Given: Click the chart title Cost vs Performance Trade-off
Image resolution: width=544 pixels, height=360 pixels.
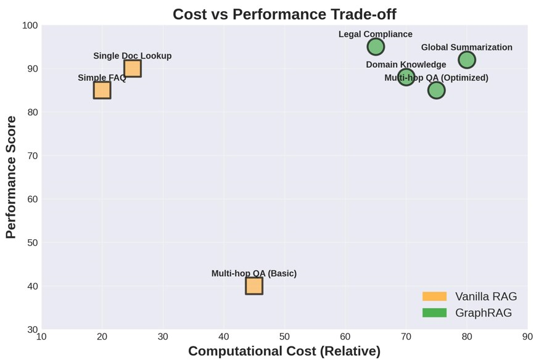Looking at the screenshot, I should pyautogui.click(x=284, y=14).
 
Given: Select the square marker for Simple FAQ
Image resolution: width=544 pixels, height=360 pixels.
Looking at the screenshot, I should pyautogui.click(x=102, y=90).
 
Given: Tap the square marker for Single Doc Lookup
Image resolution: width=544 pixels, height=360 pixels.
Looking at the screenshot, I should pyautogui.click(x=133, y=68).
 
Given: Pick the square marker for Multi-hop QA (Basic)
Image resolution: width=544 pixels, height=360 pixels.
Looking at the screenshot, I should pyautogui.click(x=254, y=286).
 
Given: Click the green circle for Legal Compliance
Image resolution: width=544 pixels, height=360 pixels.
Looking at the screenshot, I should pyautogui.click(x=376, y=47).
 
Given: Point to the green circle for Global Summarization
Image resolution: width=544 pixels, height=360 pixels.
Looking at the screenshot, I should pyautogui.click(x=467, y=60).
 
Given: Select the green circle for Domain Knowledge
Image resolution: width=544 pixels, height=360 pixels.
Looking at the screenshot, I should pyautogui.click(x=406, y=77).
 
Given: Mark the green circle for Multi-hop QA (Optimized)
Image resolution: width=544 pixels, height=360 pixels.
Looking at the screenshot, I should pyautogui.click(x=436, y=90).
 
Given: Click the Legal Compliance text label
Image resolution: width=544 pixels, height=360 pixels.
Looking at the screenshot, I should pyautogui.click(x=375, y=35).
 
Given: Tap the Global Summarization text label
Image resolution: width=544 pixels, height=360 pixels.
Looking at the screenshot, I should pyautogui.click(x=466, y=47).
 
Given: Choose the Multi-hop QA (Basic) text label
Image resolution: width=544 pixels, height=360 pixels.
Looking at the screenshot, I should pyautogui.click(x=253, y=274).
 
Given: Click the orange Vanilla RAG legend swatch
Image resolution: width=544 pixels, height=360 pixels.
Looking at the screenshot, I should pyautogui.click(x=434, y=297).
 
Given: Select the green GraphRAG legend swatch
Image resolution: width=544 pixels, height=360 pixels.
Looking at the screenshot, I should pyautogui.click(x=434, y=313).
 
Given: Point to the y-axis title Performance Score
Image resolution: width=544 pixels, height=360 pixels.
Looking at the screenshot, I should pyautogui.click(x=10, y=177).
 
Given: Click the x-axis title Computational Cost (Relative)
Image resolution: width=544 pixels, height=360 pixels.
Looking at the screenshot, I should pyautogui.click(x=284, y=351).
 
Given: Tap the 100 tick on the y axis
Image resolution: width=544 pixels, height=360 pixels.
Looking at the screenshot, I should pyautogui.click(x=30, y=25).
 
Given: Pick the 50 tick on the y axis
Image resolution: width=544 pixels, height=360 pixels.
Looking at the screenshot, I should pyautogui.click(x=32, y=243).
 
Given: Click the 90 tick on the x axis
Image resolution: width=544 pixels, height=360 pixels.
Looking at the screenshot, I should pyautogui.click(x=527, y=337).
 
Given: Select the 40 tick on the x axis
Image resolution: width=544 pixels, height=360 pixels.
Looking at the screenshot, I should pyautogui.click(x=224, y=337).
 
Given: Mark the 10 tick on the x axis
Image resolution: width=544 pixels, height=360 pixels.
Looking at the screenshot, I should pyautogui.click(x=41, y=337).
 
